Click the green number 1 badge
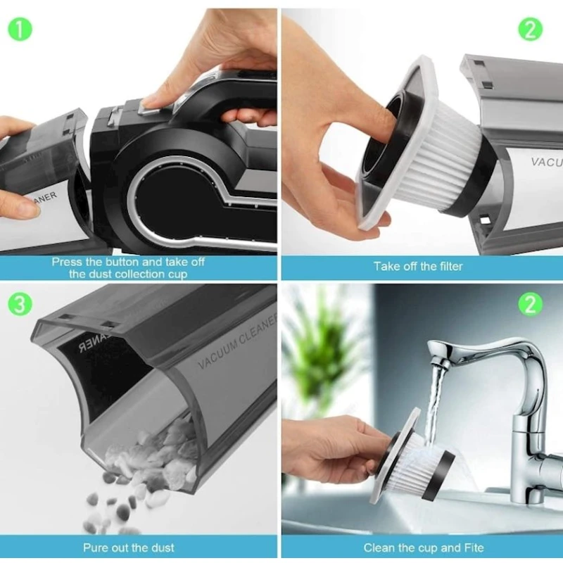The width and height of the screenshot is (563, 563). click(20, 29)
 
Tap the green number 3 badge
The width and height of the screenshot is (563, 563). click(20, 304)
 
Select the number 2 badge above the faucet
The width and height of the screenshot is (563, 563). click(531, 304)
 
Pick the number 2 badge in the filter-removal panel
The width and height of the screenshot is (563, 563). click(531, 29)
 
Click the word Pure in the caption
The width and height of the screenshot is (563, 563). click(96, 547)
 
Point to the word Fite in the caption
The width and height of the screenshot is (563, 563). click(472, 547)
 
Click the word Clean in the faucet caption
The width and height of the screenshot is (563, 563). click(379, 547)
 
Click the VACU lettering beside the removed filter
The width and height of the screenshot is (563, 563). click(545, 161)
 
